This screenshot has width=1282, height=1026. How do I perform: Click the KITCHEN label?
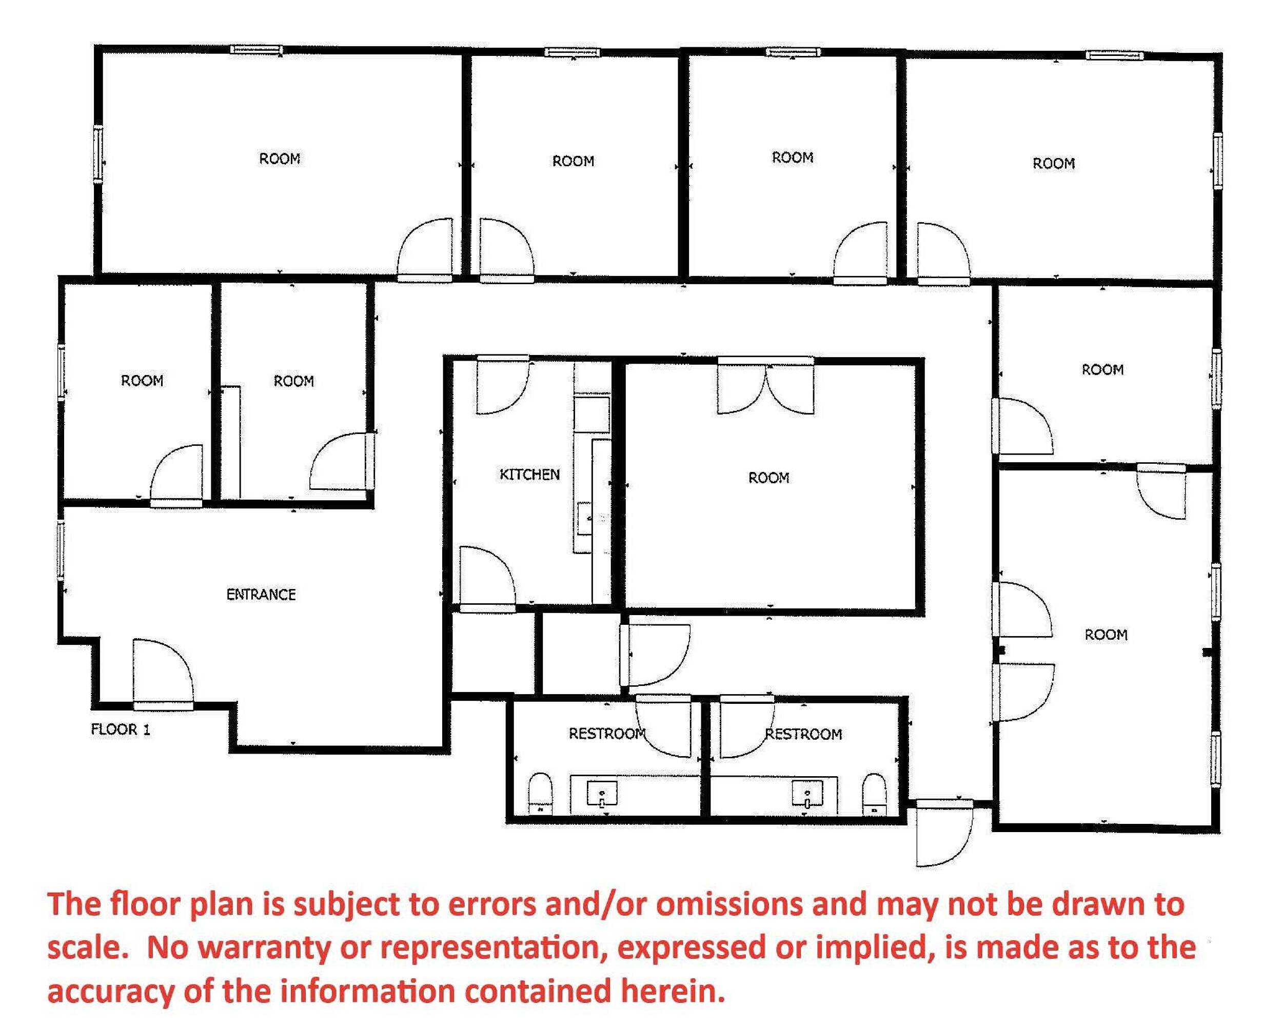click(x=529, y=474)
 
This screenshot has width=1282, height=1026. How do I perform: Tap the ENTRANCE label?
click(x=261, y=594)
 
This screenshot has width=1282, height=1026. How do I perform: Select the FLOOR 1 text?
click(x=120, y=729)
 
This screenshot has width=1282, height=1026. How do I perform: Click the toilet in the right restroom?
click(x=874, y=795)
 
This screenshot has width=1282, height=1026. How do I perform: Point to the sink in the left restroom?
click(x=602, y=794)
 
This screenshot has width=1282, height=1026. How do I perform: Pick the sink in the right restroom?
click(x=807, y=794)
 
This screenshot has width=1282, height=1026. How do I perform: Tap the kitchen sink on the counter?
click(x=584, y=519)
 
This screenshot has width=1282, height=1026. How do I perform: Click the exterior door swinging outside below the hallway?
click(x=943, y=834)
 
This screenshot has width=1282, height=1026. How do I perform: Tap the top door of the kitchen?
click(x=501, y=387)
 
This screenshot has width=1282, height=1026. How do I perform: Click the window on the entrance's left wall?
click(x=61, y=549)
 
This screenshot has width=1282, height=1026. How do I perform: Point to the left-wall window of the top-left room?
click(x=97, y=154)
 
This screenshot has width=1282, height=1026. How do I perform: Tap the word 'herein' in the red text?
click(x=672, y=992)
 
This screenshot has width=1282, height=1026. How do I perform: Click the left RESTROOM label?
click(x=606, y=734)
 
